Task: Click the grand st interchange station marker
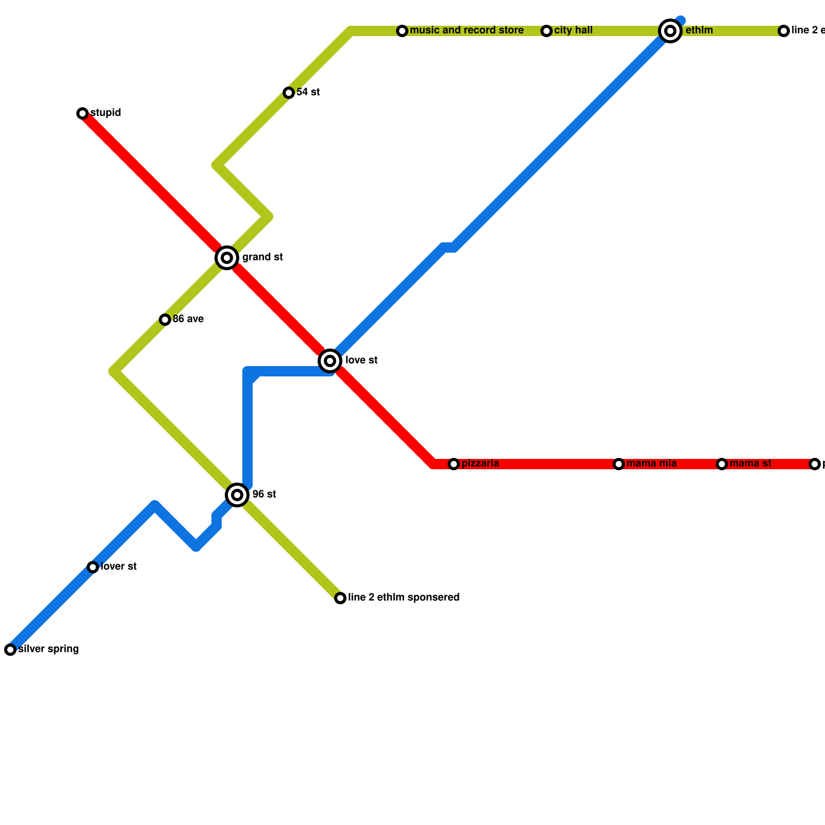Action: [x=226, y=257]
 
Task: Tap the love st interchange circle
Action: [x=330, y=360]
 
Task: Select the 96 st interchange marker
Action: [x=237, y=494]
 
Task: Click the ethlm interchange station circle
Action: [x=670, y=31]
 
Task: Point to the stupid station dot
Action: [x=82, y=113]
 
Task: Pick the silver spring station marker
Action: [x=10, y=650]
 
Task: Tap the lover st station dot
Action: [x=93, y=567]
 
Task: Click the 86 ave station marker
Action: [x=165, y=320]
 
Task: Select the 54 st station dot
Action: [x=289, y=93]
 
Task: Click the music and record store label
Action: [x=467, y=30]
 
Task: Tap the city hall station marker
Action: [x=547, y=31]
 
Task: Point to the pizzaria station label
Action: [x=480, y=464]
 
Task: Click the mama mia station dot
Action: [x=619, y=464]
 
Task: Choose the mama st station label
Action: [x=750, y=464]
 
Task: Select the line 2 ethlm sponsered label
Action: [x=404, y=598]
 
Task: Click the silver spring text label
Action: [x=48, y=649]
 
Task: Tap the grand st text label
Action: [x=262, y=257]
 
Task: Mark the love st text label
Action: [x=361, y=360]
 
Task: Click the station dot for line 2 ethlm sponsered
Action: [x=340, y=598]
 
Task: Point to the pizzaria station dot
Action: [x=454, y=464]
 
